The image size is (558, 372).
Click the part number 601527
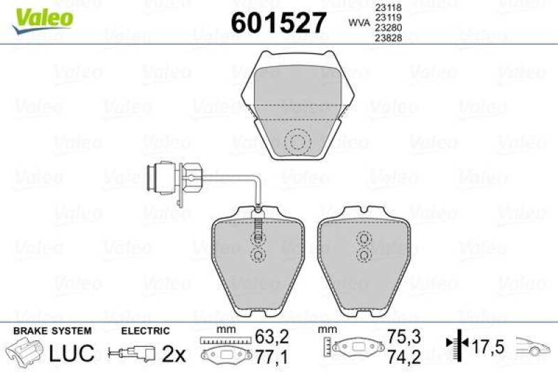pos(278,23)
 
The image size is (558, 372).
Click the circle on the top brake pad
pos(299,144)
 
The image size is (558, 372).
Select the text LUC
pos(71,353)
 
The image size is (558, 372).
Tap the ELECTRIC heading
pos(146,330)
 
